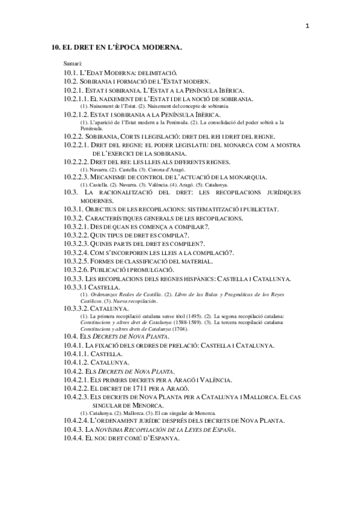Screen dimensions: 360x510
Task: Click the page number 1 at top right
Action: [307, 26]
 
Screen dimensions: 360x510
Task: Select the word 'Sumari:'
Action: [73, 63]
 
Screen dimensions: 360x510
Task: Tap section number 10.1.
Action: [71, 72]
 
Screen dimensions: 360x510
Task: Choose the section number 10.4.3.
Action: [73, 429]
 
